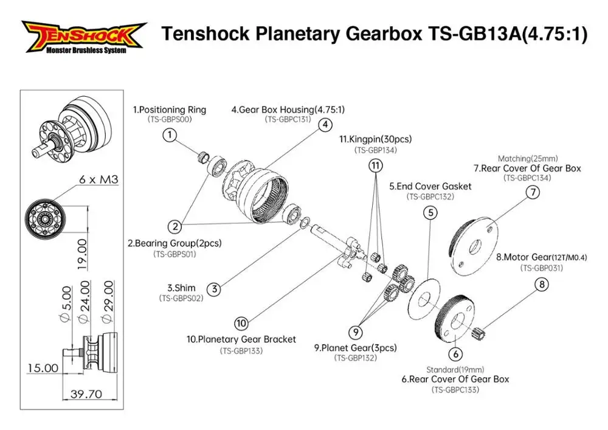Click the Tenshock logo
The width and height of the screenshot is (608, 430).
[x=84, y=35]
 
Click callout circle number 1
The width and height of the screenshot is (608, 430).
[x=171, y=134]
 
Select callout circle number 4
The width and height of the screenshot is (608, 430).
[x=325, y=124]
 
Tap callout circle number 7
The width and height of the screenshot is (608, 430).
[x=532, y=192]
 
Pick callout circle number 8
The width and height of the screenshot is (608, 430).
[x=542, y=284]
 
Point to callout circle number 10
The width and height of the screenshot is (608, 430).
[x=241, y=323]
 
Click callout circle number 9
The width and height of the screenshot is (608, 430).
[x=355, y=331]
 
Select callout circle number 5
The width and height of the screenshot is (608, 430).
[x=430, y=212]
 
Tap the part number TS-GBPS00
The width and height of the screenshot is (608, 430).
[x=170, y=120]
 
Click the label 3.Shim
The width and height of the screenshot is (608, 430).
[x=181, y=287]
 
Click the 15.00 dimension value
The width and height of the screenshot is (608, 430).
[x=43, y=368]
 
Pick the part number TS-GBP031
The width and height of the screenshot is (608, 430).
[x=541, y=268]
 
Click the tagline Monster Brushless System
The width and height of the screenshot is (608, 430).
[x=86, y=50]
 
